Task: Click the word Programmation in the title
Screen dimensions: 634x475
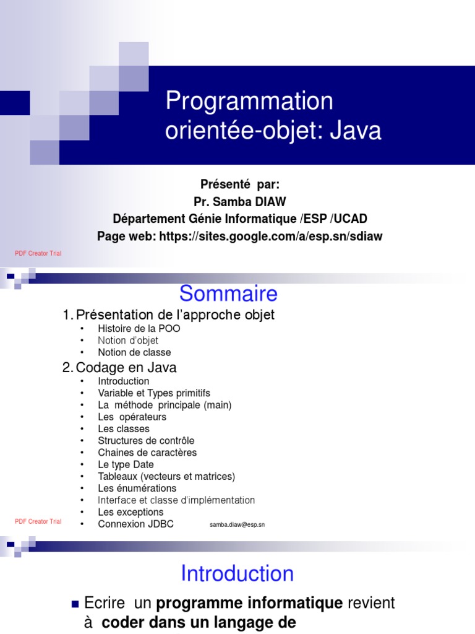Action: [x=249, y=102]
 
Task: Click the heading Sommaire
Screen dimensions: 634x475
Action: [x=228, y=293]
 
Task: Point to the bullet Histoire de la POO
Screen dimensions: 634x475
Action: [x=139, y=329]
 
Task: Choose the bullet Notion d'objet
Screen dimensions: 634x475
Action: [x=128, y=341]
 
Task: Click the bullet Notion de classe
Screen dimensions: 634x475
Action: [x=134, y=352]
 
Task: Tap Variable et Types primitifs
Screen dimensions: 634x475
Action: [x=154, y=393]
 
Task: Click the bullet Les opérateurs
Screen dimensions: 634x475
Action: [x=132, y=417]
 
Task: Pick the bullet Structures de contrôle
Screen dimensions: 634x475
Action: [x=146, y=441]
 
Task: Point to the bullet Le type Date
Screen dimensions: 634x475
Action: [x=126, y=464]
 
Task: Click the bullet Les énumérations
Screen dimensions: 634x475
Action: [x=137, y=489]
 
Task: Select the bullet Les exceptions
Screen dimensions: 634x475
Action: [x=131, y=512]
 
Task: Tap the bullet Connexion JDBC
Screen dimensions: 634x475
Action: [x=135, y=524]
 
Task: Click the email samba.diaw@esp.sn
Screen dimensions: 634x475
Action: [x=237, y=525]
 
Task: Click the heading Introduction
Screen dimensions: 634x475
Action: [x=237, y=573]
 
